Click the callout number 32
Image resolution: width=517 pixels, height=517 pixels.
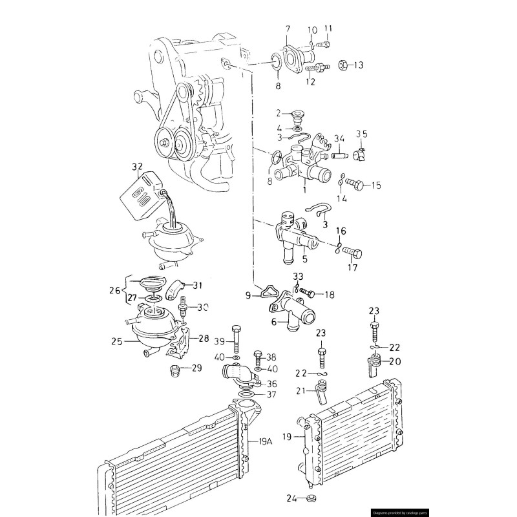[x=137, y=168]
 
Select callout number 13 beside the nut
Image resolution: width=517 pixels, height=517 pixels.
[x=359, y=65]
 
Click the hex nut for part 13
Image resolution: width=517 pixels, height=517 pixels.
[x=344, y=65]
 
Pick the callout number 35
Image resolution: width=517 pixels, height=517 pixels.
[x=362, y=134]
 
